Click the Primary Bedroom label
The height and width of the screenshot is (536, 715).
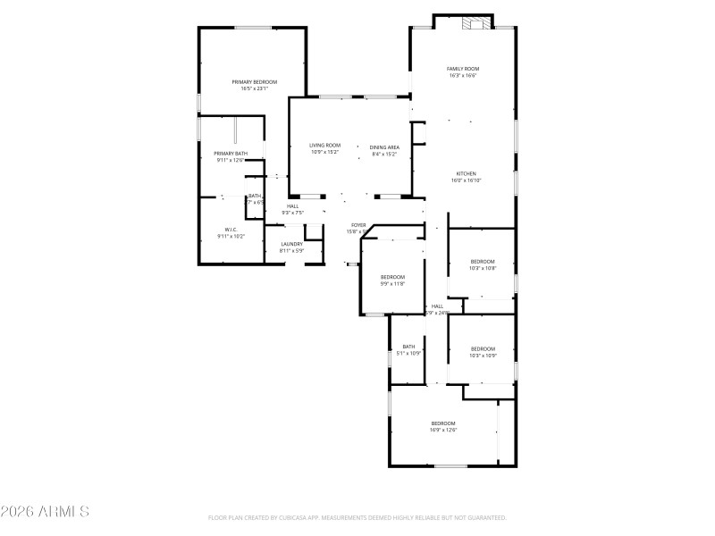[x=255, y=82]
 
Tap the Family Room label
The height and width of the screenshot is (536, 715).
[x=463, y=69]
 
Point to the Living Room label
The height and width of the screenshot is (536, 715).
[x=325, y=146]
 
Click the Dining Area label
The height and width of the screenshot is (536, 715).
[x=385, y=147]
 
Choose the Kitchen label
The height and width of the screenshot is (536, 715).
[x=467, y=173]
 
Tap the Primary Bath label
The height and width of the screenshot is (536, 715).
[x=230, y=154]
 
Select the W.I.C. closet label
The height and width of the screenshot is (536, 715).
[x=230, y=230]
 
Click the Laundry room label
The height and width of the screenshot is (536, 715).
[x=291, y=244]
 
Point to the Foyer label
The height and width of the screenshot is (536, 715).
[x=357, y=225]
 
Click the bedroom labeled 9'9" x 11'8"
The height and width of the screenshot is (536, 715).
[x=392, y=277]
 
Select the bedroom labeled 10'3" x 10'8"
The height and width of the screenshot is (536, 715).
[x=482, y=262]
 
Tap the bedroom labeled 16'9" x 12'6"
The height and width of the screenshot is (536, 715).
[x=443, y=423]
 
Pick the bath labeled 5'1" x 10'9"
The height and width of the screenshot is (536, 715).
[x=408, y=347]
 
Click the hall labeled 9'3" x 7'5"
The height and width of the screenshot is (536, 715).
[x=292, y=206]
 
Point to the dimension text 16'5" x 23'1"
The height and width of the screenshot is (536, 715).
[x=255, y=88]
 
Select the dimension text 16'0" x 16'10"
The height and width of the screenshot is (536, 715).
[x=467, y=180]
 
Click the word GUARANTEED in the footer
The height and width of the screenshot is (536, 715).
[x=485, y=517]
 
